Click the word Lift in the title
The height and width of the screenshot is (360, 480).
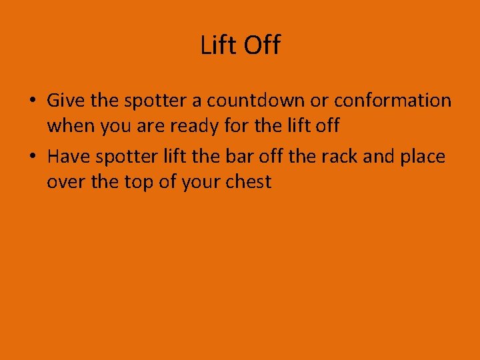(x=217, y=45)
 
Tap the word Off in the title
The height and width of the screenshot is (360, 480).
(x=262, y=45)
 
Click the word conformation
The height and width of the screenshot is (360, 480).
(x=393, y=101)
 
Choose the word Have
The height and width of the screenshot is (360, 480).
(x=69, y=157)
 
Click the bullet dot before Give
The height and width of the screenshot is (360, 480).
(x=32, y=101)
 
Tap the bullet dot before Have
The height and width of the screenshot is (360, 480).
(x=32, y=157)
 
